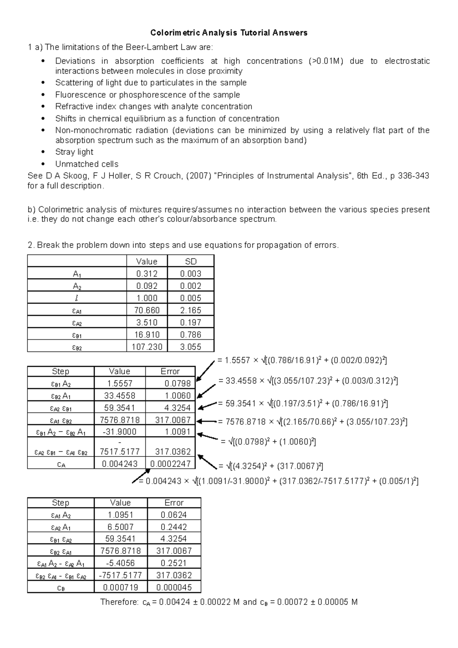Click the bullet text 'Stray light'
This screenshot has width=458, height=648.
[74, 152]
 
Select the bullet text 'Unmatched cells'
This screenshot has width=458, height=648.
[87, 164]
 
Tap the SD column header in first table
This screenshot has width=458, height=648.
[190, 261]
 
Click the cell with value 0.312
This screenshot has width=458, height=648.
[147, 274]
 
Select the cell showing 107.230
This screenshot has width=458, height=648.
[147, 347]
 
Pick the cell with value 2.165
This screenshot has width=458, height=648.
[190, 310]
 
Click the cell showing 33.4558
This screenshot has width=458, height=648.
[119, 395]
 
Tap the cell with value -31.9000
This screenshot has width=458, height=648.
[119, 432]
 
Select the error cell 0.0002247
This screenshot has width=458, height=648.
[171, 464]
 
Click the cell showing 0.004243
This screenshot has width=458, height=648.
[119, 464]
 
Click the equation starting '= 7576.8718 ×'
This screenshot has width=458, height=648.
[312, 422]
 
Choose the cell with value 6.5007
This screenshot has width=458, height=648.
[121, 527]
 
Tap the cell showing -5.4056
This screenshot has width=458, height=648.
[121, 563]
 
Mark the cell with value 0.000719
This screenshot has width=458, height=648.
[121, 587]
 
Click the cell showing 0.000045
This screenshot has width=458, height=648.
[174, 587]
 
